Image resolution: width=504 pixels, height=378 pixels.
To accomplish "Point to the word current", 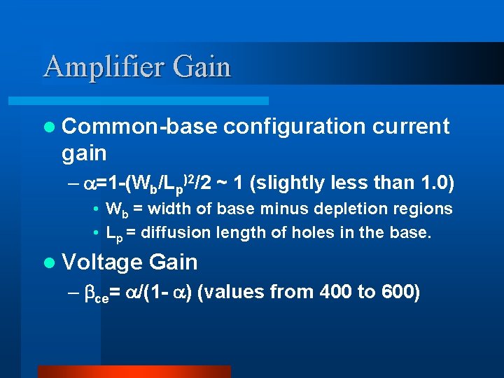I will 411,127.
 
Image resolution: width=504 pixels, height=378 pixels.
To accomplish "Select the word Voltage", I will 101,262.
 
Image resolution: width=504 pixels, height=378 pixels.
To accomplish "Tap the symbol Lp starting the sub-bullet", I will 113,232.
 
